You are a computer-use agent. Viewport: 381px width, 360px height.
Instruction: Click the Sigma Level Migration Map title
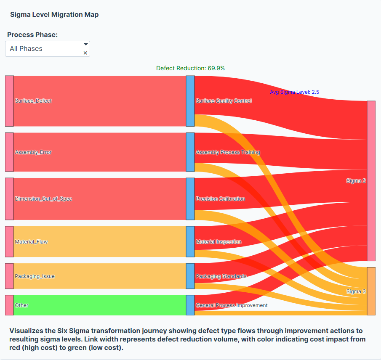54,15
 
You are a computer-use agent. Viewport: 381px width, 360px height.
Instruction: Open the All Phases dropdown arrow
85,44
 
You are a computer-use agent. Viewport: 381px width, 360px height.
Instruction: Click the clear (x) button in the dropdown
85,53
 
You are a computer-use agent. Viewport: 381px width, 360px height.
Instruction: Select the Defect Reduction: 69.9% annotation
190,68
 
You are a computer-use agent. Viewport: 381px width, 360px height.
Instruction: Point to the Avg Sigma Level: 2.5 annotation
298,92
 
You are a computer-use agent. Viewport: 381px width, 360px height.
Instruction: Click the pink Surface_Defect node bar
9,101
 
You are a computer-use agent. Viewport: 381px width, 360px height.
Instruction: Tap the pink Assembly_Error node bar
9,152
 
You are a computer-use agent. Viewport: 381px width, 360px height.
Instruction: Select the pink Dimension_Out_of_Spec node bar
9,199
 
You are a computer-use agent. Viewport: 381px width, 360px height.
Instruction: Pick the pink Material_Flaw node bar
9,242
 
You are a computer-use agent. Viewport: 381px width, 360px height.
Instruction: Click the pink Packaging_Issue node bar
9,276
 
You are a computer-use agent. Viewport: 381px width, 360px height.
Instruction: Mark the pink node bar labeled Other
9,305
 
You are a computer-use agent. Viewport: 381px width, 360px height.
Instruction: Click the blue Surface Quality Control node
190,101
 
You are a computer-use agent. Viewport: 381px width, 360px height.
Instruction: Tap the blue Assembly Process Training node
190,152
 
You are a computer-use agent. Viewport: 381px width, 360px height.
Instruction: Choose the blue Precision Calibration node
190,199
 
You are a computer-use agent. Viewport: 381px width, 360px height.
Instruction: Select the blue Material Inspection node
190,242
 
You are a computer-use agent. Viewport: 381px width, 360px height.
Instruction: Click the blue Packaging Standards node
190,276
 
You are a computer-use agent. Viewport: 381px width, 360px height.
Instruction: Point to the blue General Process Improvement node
190,305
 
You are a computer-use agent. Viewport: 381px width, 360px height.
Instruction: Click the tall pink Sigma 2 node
371,181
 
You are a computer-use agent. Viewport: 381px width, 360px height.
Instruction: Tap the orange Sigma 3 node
371,291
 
